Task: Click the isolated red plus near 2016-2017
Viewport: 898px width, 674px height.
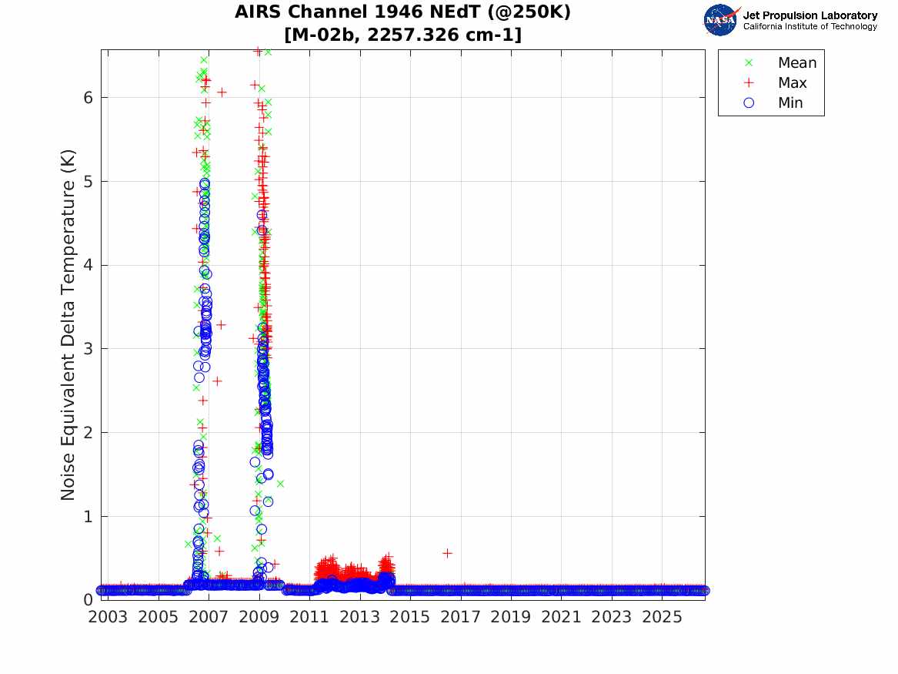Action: [x=447, y=553]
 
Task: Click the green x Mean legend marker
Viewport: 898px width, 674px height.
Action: [x=749, y=62]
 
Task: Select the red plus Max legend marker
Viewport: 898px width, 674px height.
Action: [x=749, y=82]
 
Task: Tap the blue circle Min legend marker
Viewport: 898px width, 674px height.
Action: [x=749, y=102]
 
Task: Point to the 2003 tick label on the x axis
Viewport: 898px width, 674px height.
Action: [x=108, y=617]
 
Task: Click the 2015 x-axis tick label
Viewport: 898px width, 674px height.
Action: [x=410, y=617]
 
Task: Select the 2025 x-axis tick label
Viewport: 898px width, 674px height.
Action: [x=662, y=617]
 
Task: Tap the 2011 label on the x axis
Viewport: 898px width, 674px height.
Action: [x=309, y=617]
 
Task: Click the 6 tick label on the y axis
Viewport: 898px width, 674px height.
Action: [x=88, y=97]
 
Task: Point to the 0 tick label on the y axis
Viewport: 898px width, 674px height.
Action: [x=88, y=600]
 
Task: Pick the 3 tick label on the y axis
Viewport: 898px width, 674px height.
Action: [x=88, y=349]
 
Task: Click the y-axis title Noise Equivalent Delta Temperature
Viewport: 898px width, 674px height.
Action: [x=68, y=325]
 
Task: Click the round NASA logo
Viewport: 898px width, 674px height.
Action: [x=720, y=20]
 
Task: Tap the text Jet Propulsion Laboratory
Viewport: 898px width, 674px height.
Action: [x=810, y=15]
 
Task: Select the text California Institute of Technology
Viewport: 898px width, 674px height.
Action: [x=810, y=26]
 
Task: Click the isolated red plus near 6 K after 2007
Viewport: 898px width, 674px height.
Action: [x=222, y=92]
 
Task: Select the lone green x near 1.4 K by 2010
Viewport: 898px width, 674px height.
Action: [x=280, y=484]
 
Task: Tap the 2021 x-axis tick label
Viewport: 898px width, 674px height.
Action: [x=561, y=617]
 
